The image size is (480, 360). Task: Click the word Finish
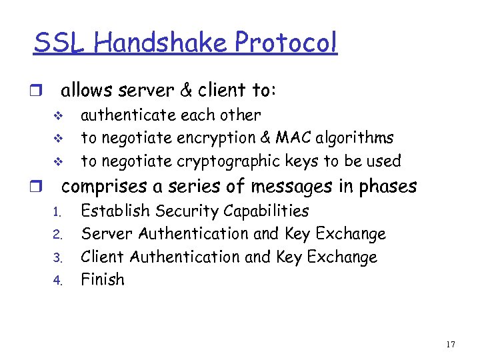(102, 279)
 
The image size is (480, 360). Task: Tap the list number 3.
(57, 257)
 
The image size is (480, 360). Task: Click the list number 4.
(57, 281)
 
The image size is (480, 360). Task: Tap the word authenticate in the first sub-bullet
(123, 115)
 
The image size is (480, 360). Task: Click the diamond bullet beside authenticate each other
(57, 116)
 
